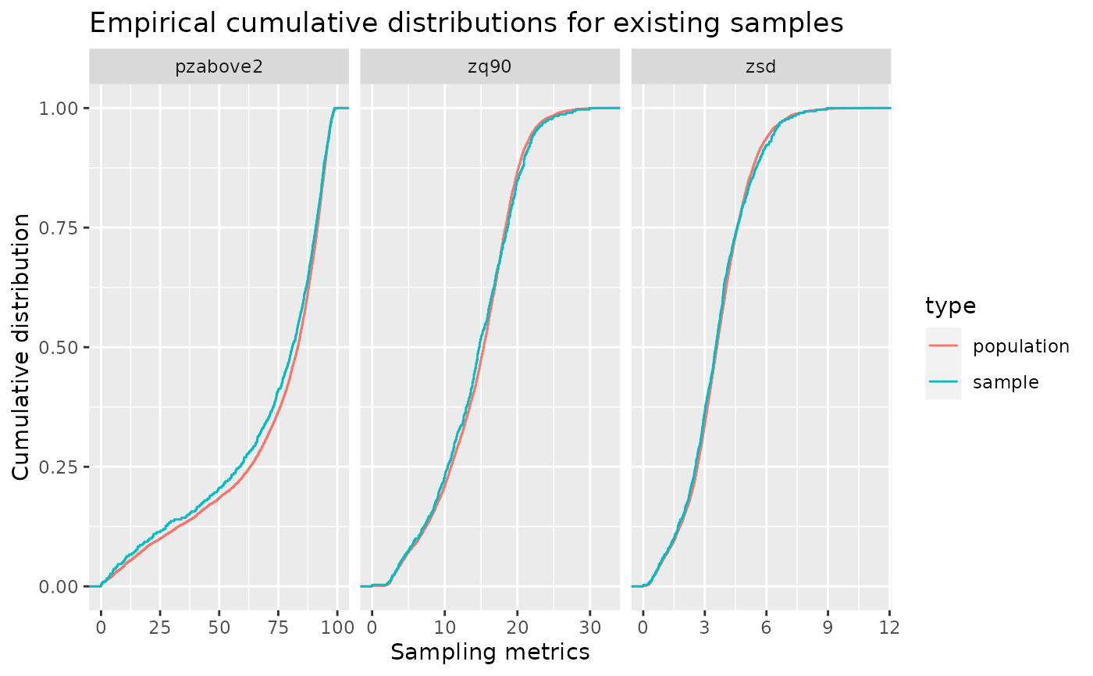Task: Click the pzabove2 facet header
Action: point(219,67)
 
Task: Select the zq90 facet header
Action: point(490,67)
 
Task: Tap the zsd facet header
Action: point(760,67)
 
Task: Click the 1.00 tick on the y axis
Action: point(59,108)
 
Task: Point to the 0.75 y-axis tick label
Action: point(59,227)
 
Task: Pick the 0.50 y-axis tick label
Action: point(59,347)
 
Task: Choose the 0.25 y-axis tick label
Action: point(59,467)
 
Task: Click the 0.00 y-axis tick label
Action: point(59,586)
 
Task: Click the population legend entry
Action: point(1020,346)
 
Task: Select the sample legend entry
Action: point(1006,382)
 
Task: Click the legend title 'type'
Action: point(950,306)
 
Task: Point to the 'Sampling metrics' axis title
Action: point(490,653)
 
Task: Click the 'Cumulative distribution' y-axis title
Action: point(24,347)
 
